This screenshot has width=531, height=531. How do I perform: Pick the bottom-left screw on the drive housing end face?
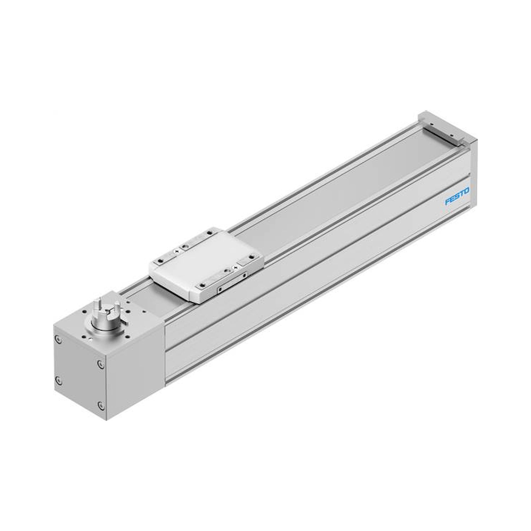click(58, 380)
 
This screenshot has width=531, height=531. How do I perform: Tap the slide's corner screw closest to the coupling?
click(160, 260)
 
